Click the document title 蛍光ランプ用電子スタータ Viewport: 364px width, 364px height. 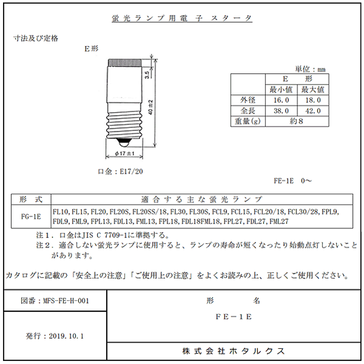(x=182, y=19)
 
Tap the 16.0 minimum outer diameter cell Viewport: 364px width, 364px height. (x=279, y=100)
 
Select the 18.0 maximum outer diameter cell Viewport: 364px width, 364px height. (x=312, y=100)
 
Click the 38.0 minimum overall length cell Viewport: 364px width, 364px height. (x=279, y=111)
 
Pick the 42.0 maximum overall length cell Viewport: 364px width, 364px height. (x=312, y=111)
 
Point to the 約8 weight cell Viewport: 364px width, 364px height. (x=296, y=121)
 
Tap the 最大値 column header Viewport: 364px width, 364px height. (x=312, y=89)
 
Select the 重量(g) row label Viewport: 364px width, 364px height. (x=248, y=121)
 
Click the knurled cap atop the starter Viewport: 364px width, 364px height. (x=125, y=62)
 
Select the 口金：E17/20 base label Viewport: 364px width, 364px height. (x=120, y=171)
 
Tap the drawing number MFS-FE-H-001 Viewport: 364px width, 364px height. (x=55, y=301)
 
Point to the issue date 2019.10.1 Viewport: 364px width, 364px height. (x=55, y=335)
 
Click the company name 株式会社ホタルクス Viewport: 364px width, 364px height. (x=234, y=351)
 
